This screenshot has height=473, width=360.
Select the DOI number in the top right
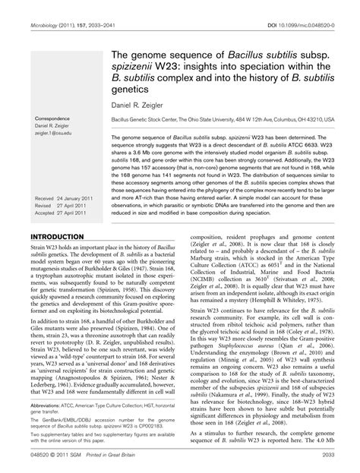pos(314,7)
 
